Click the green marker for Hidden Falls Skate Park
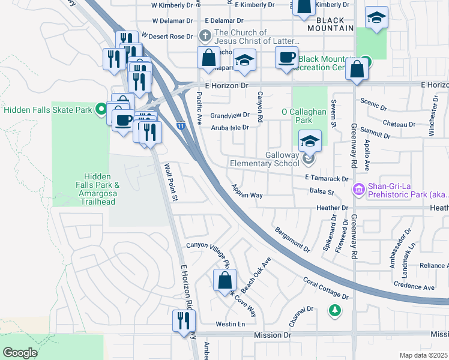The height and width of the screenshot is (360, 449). (x=101, y=110)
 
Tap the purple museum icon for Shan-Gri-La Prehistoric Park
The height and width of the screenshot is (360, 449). (x=359, y=190)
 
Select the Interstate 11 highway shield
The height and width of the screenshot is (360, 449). (x=180, y=125)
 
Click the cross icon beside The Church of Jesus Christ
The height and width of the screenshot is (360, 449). (x=205, y=36)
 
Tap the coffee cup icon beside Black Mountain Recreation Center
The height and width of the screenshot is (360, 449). (x=286, y=58)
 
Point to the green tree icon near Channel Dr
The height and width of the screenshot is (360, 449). (x=334, y=310)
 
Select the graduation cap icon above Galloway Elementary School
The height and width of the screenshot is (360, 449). (x=309, y=141)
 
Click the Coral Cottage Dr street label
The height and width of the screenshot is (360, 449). (x=326, y=288)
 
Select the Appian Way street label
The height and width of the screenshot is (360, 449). (x=248, y=191)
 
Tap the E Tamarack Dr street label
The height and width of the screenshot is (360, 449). (x=327, y=178)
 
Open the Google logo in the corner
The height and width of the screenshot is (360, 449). (x=20, y=353)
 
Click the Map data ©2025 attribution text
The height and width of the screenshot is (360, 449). (x=423, y=355)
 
